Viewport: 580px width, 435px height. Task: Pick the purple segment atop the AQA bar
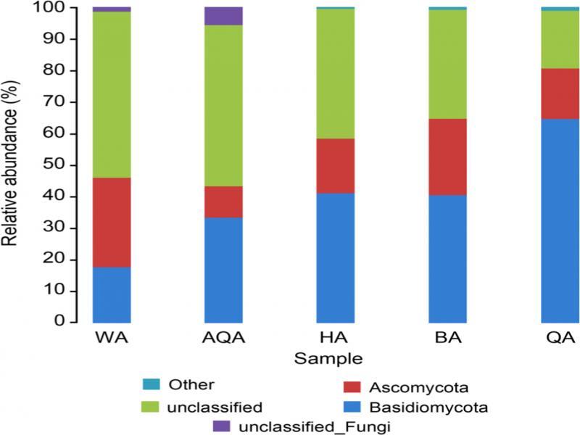click(223, 16)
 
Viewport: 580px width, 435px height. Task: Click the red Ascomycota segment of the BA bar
click(447, 157)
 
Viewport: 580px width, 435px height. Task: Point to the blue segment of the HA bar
click(336, 257)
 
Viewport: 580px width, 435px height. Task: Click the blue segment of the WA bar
click(112, 294)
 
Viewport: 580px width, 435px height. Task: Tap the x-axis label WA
click(112, 339)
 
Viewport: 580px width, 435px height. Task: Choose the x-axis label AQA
click(223, 339)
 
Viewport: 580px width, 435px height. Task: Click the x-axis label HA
click(336, 339)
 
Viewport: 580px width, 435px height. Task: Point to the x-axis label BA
click(447, 339)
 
